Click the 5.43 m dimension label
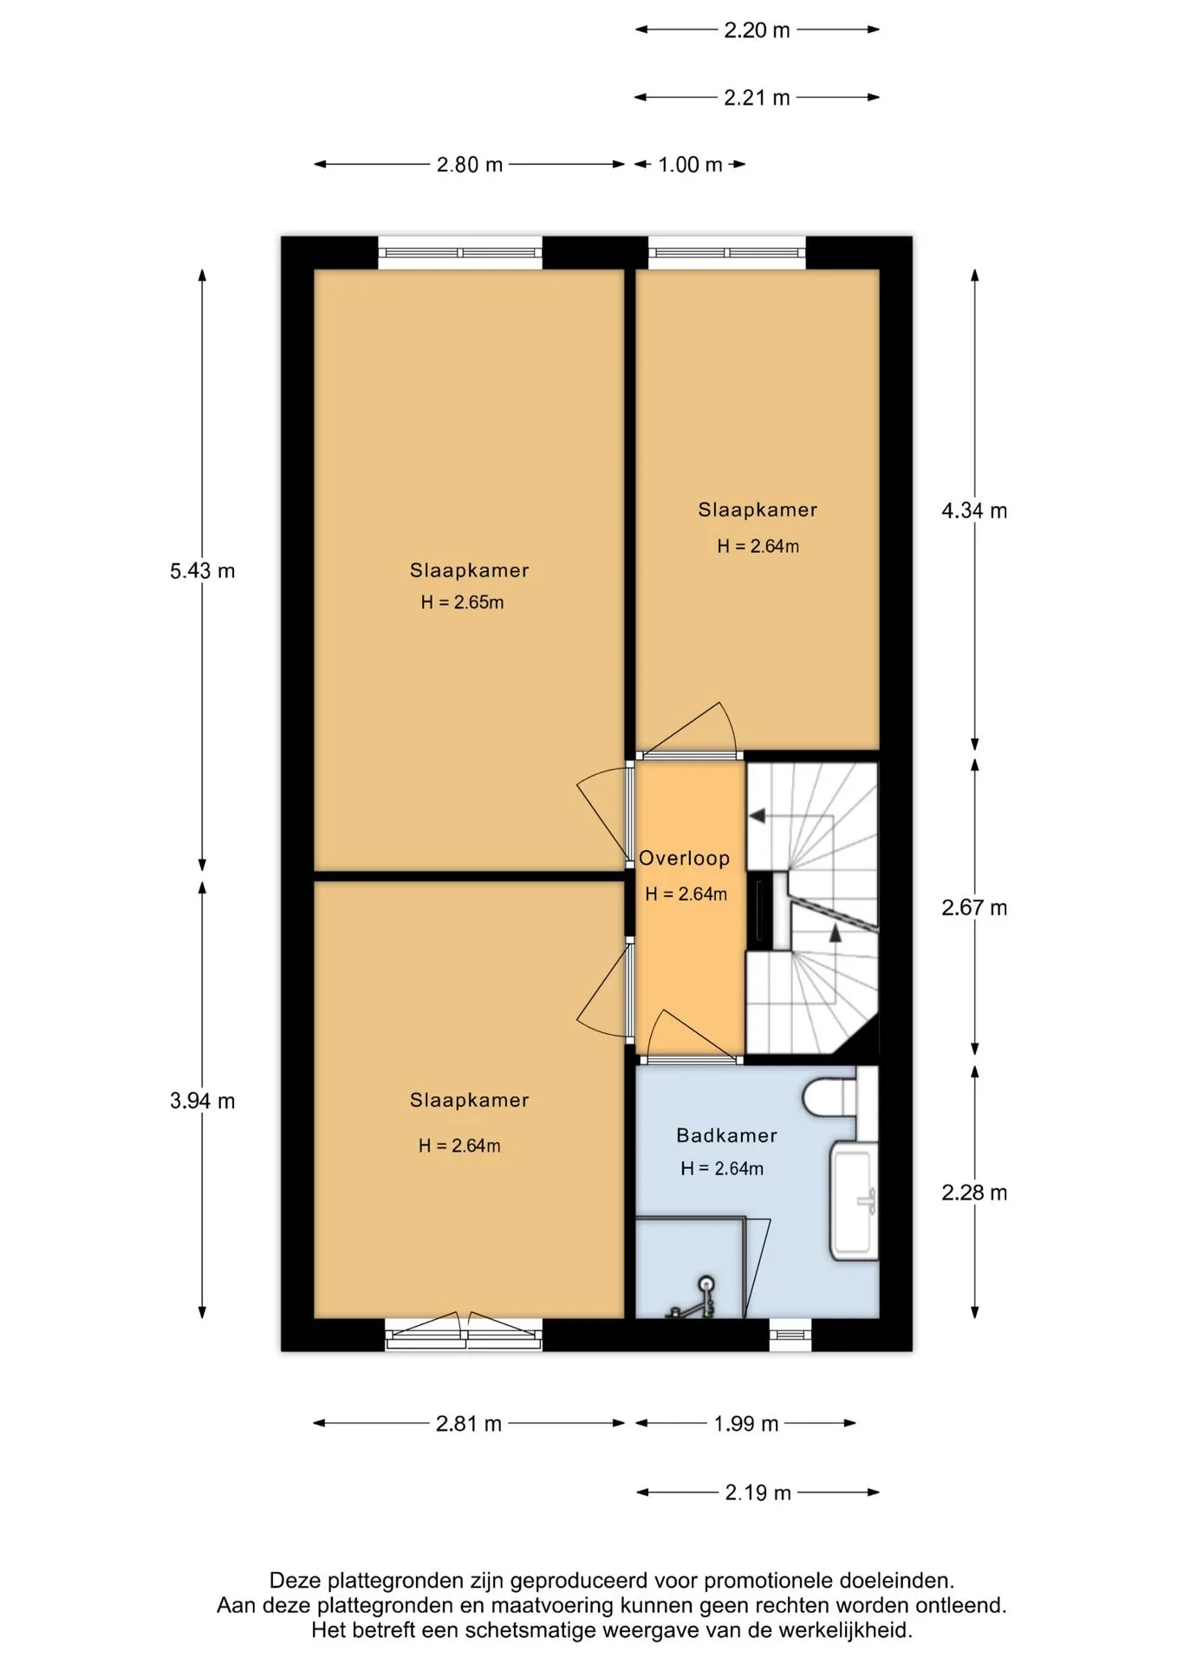pos(202,571)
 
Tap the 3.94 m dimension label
pos(202,1101)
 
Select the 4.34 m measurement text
pos(974,510)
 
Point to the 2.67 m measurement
pos(974,907)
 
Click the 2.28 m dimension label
pos(974,1193)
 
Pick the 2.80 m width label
pos(469,165)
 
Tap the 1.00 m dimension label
pos(690,165)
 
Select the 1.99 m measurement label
pos(745,1424)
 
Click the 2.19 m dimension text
pos(758,1492)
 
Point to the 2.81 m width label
pos(468,1424)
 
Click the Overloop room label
pos(684,858)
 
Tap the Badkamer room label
pos(726,1135)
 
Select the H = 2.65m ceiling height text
pos(462,602)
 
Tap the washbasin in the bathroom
pos(855,1200)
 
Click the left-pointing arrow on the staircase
pos(757,816)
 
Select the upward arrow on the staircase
pos(836,933)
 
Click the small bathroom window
pos(790,1335)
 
